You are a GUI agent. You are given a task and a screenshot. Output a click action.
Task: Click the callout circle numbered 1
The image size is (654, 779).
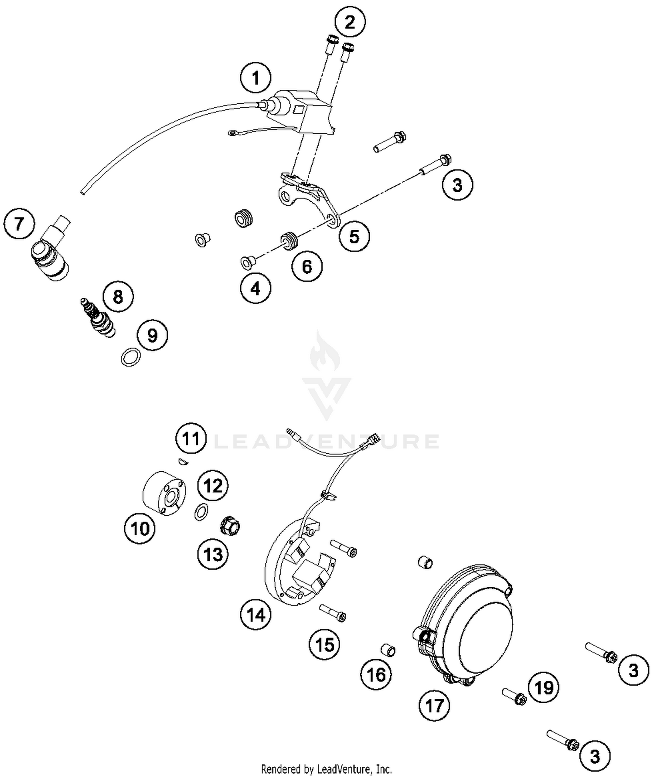click(255, 78)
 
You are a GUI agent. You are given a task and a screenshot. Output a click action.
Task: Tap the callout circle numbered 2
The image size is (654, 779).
click(350, 22)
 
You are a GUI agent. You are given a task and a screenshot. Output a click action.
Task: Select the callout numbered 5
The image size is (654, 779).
click(354, 237)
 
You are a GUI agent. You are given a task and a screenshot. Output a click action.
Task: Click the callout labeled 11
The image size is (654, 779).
click(191, 439)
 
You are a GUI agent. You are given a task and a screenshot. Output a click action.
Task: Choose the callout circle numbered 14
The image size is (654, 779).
click(255, 615)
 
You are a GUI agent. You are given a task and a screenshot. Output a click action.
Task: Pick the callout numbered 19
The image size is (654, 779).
click(544, 687)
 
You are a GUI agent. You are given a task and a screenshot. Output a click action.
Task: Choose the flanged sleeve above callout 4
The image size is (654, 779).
click(247, 262)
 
